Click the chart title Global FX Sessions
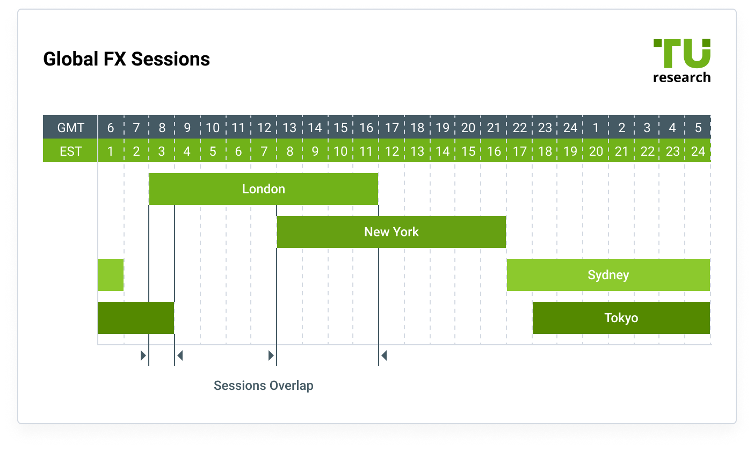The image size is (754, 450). [x=126, y=59]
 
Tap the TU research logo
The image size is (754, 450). [x=682, y=61]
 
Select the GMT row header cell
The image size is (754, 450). [x=70, y=127]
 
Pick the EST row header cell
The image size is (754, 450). [x=70, y=151]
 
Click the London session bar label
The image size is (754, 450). [x=263, y=189]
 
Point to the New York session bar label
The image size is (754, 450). [x=391, y=232]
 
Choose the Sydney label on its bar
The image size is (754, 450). [x=608, y=275]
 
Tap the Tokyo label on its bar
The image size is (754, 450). [x=621, y=318]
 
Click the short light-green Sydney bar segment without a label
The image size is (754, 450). [x=111, y=275]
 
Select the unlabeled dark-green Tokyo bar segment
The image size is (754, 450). [x=136, y=318]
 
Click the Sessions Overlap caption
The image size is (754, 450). [x=263, y=386]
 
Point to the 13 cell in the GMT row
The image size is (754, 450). [x=289, y=127]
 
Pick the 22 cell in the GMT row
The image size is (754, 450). [x=519, y=127]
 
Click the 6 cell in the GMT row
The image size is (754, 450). [x=111, y=127]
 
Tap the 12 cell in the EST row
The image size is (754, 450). [x=392, y=151]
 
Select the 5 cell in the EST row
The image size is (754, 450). [x=213, y=151]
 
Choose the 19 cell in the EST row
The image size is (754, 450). [x=570, y=151]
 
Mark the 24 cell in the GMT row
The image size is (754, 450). [x=570, y=127]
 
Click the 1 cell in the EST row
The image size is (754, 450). [x=111, y=151]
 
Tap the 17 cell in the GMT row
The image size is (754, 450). [x=392, y=127]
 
